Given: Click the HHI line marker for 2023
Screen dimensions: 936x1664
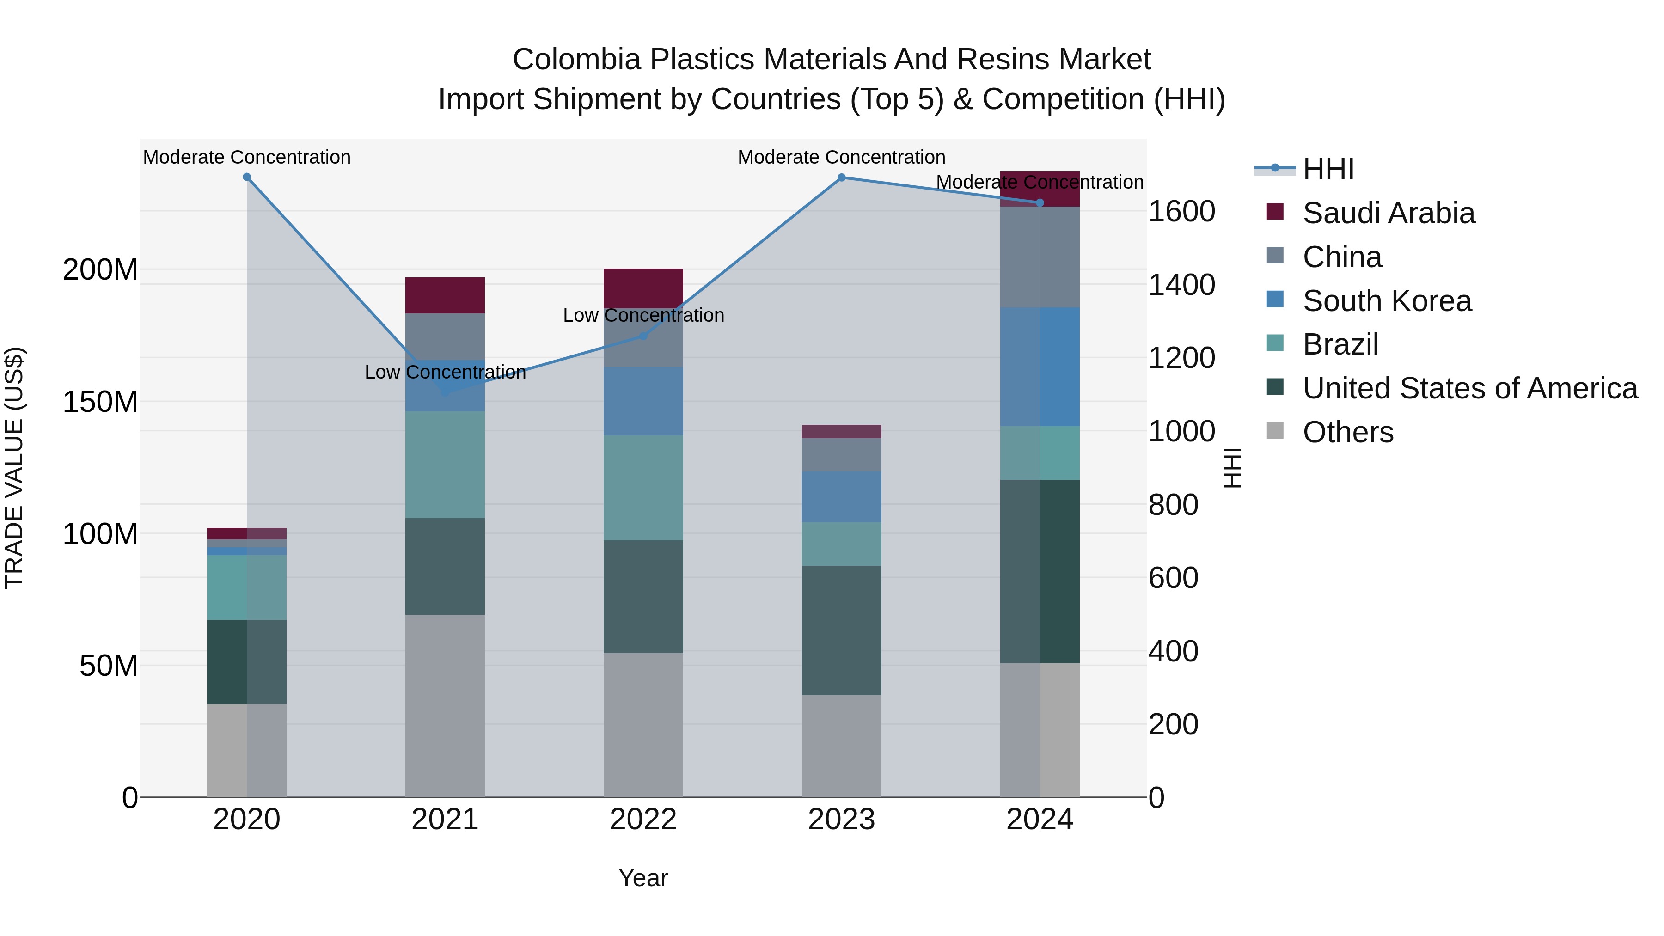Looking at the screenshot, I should pos(841,177).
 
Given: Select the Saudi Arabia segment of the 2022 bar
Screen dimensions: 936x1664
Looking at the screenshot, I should pos(643,288).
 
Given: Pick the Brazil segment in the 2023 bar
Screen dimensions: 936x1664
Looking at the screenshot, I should pos(841,544).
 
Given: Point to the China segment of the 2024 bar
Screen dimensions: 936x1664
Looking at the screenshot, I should pos(1040,257).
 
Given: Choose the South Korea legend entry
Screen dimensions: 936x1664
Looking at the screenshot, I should pos(1387,301).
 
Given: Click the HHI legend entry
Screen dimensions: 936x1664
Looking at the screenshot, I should pos(1328,169).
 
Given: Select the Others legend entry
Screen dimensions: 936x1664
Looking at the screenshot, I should pos(1347,432).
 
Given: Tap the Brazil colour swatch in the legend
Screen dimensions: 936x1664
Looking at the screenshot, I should pos(1275,343).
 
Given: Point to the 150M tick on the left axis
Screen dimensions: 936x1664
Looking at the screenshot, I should pos(100,402).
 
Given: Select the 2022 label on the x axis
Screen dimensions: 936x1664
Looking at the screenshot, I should pos(643,820).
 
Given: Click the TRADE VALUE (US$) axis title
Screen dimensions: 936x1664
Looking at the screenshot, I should pos(14,468).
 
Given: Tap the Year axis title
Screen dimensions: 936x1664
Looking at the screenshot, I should pos(643,878).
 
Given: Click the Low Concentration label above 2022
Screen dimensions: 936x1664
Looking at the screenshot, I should pos(643,315).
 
